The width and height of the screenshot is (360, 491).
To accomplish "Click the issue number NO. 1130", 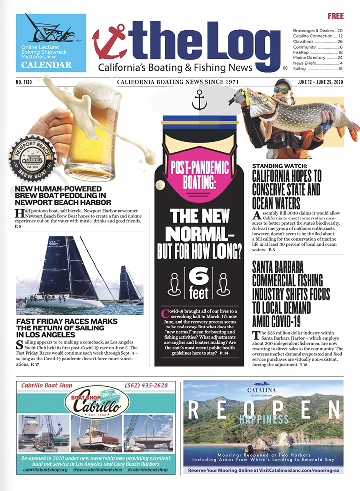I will click(26, 81).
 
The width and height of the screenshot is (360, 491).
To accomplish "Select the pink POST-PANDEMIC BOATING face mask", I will click(199, 173).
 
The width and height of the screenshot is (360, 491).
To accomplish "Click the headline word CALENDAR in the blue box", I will click(47, 65).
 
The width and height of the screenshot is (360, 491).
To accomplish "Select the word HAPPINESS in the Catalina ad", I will click(263, 419).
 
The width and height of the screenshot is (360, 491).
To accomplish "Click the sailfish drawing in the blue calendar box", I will click(50, 30).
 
